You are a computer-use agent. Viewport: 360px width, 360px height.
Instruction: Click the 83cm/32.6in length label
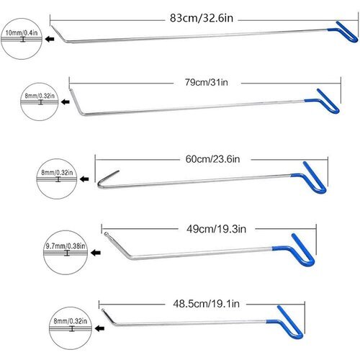[202, 18]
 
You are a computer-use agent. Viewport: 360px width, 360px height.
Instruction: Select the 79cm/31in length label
[207, 82]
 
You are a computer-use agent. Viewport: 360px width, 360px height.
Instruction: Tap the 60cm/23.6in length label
[212, 159]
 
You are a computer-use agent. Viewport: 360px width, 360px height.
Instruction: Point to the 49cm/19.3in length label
[216, 229]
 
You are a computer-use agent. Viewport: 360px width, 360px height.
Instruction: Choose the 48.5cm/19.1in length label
[206, 304]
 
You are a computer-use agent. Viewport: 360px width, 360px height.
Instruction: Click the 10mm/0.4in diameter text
[22, 32]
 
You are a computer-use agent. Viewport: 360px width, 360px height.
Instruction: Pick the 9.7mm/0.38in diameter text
[66, 246]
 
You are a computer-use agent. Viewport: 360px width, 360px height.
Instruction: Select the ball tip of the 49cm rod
[106, 233]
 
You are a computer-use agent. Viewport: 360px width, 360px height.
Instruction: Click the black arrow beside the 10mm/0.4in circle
[50, 39]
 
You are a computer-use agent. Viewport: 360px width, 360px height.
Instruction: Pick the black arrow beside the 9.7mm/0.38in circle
[96, 253]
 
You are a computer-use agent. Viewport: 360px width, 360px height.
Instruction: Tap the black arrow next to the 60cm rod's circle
[84, 179]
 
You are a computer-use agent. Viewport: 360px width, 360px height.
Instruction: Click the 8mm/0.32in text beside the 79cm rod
[40, 96]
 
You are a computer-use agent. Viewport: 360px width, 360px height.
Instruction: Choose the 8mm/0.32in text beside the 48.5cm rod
[71, 321]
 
